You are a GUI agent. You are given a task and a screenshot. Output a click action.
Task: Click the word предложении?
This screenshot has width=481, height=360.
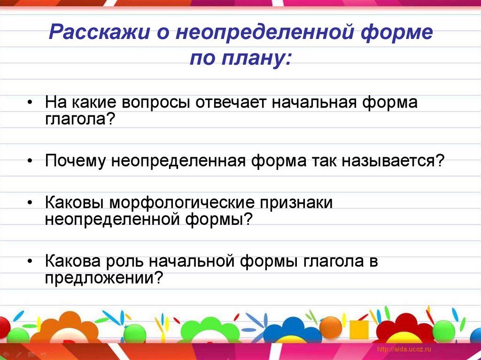coord(104,278)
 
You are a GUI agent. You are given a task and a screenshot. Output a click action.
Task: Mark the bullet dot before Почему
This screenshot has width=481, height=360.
coord(30,161)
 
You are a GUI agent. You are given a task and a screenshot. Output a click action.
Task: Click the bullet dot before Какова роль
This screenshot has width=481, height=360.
coord(30,262)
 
